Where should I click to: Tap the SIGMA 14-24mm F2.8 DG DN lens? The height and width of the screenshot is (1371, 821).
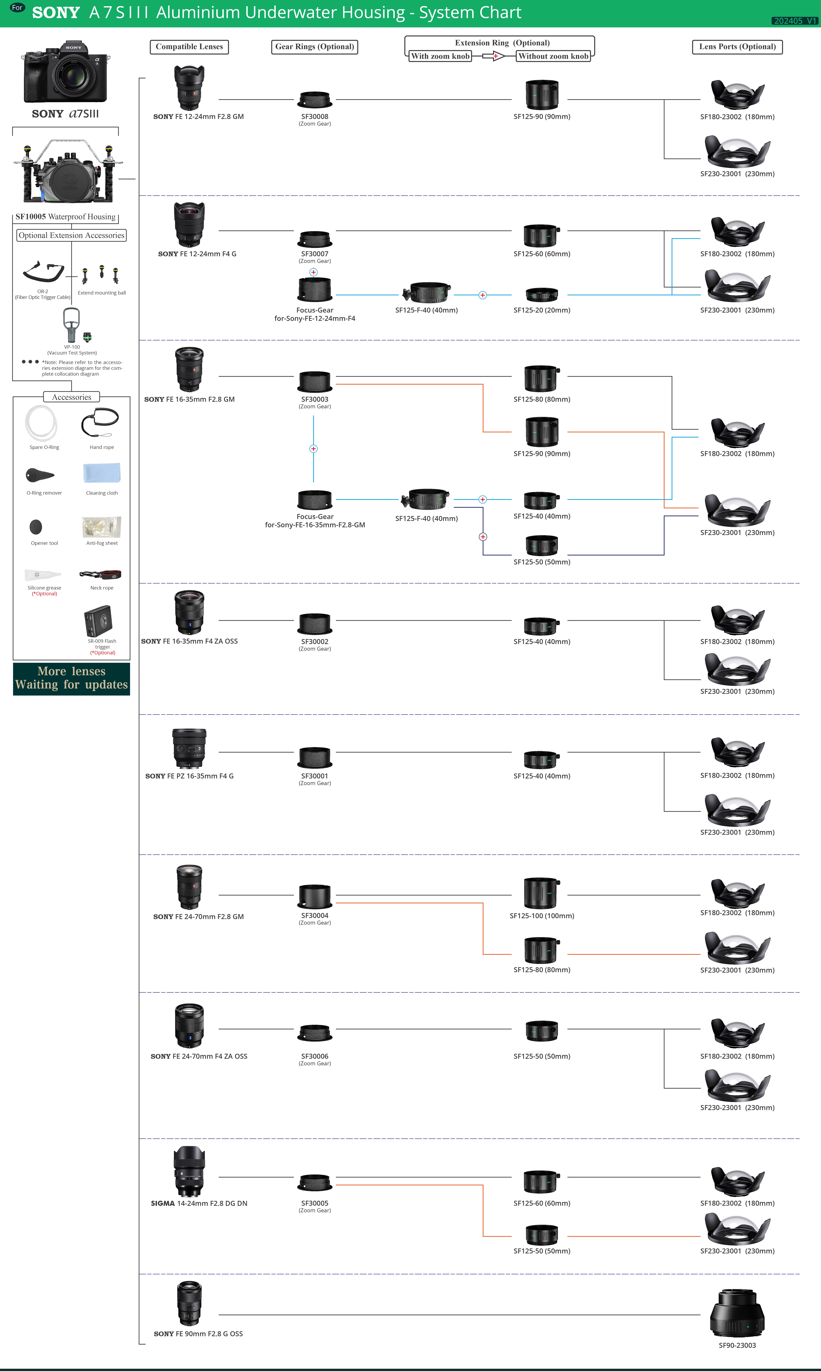(189, 1172)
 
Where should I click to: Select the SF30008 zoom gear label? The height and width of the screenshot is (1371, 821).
(315, 120)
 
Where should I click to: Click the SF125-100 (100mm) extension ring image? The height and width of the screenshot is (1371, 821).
(542, 893)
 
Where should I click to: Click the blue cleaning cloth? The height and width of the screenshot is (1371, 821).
(102, 473)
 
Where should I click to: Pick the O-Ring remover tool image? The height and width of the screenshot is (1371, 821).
(40, 475)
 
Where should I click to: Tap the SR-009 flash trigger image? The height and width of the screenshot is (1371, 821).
(98, 621)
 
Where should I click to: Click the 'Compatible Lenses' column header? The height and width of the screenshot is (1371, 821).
(189, 47)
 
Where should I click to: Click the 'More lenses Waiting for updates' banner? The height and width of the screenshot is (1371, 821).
(71, 679)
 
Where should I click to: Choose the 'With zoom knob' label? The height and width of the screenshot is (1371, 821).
(440, 56)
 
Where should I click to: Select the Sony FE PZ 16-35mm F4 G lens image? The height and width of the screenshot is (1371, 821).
(189, 748)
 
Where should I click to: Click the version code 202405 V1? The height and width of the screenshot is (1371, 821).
(795, 20)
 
